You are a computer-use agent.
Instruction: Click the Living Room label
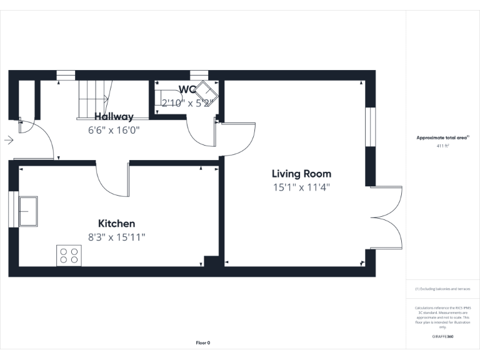point(301,174)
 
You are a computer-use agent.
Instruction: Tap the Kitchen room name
point(116,223)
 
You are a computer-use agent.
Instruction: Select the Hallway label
point(114,116)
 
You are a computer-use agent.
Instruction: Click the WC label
point(187,89)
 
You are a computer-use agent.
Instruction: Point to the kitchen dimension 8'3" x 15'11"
point(116,237)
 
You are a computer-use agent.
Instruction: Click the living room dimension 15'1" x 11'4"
point(301,187)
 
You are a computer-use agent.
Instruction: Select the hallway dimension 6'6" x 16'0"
point(114,130)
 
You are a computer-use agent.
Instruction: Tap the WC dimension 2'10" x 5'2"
point(187,102)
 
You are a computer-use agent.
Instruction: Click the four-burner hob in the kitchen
point(69,255)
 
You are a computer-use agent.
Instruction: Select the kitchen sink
point(27,211)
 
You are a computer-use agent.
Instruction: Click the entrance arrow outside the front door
point(8,140)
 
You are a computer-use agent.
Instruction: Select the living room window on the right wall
point(370,128)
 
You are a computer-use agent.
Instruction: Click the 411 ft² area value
point(442,146)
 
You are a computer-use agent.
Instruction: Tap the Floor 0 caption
point(203,342)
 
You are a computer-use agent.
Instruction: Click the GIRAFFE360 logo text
point(442,336)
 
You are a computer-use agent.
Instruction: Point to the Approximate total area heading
point(442,137)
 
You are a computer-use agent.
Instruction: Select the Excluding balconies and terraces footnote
point(442,289)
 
